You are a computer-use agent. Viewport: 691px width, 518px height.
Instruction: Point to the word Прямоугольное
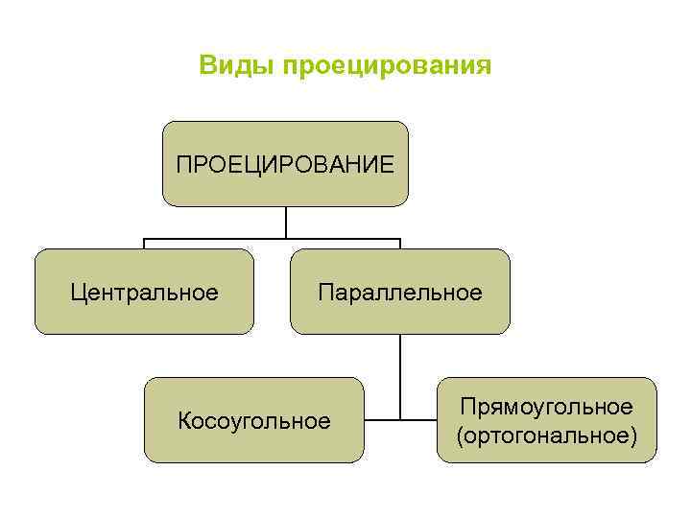tap(547, 407)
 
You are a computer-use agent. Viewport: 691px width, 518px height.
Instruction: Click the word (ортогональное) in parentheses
tap(547, 436)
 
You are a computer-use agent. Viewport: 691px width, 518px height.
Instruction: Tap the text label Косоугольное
tap(254, 420)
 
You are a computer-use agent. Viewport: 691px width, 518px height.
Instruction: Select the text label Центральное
tap(144, 292)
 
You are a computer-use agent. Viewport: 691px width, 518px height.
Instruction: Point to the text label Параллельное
tap(400, 292)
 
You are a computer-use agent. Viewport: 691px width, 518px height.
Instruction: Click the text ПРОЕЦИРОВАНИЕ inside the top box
tap(285, 164)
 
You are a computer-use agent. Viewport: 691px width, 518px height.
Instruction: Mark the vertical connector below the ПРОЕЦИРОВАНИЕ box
tap(285, 222)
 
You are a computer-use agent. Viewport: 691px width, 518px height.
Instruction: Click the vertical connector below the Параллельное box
tap(400, 374)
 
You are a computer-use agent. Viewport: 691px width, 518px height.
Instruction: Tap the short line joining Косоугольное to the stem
tap(382, 419)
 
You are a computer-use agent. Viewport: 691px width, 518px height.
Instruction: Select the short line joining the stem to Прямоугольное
tap(419, 419)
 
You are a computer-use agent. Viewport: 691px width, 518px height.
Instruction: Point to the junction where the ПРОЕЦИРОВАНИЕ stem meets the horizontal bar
tap(285, 238)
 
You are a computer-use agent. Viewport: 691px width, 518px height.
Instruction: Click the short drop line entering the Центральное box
tap(144, 244)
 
